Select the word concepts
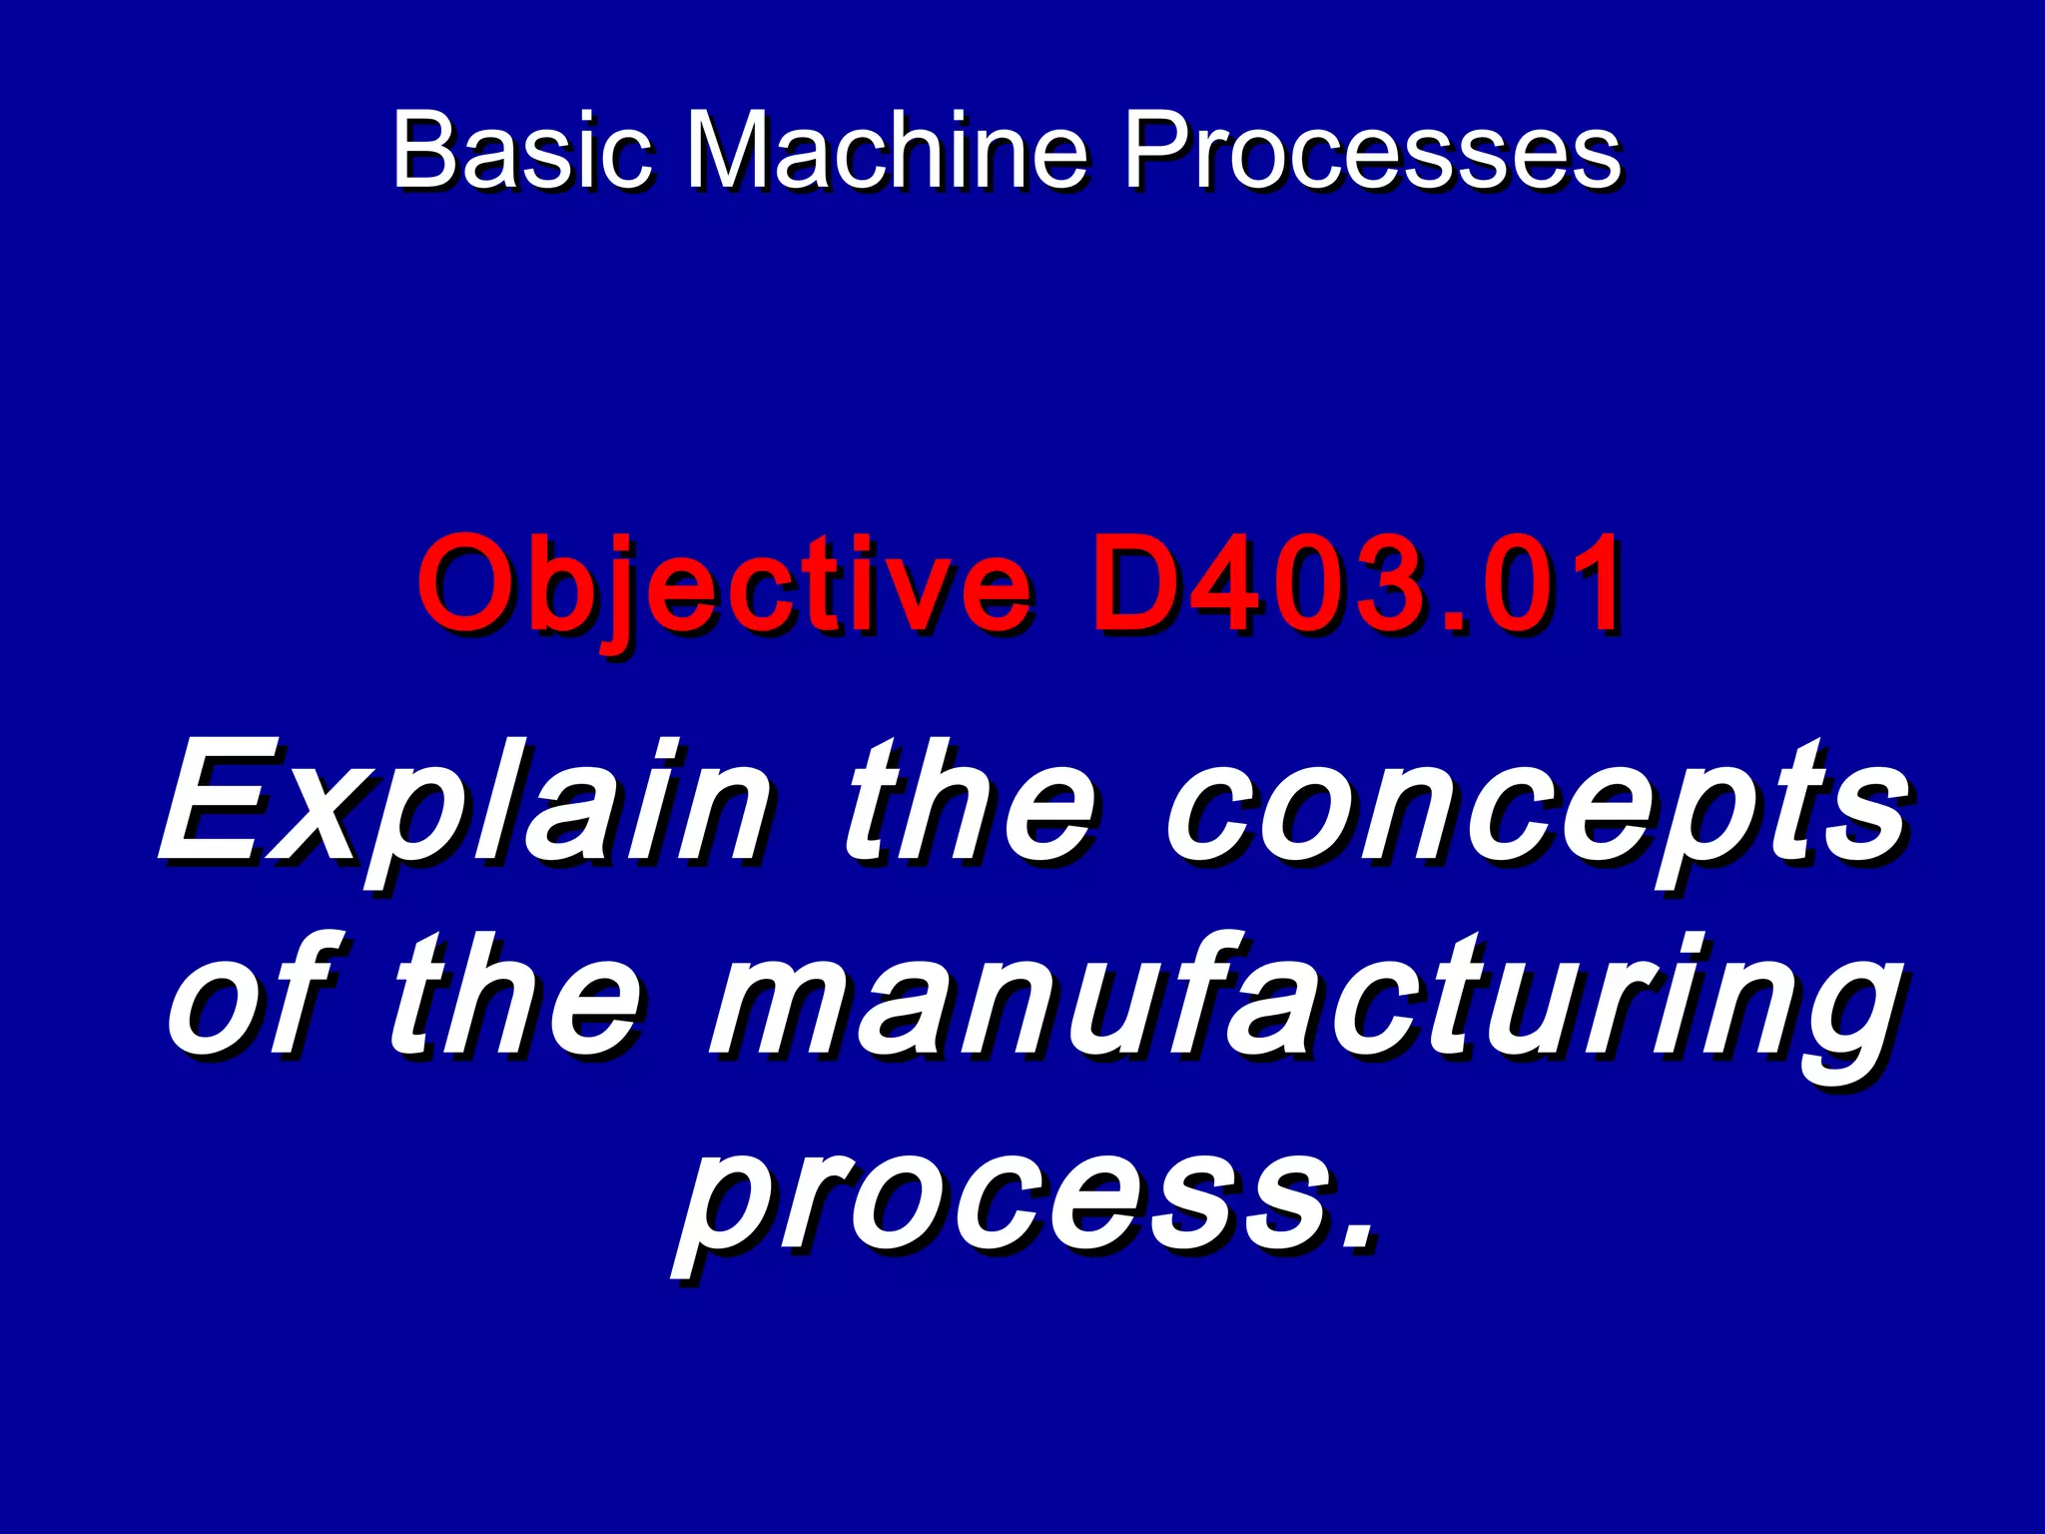1538,804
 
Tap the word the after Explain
969,804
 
